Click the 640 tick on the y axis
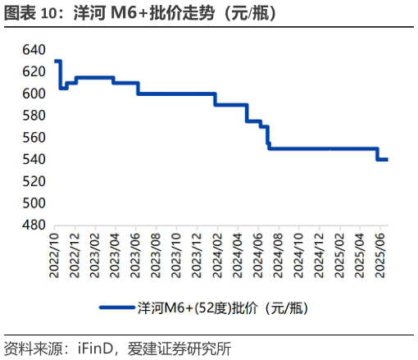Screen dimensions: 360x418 coord(34,50)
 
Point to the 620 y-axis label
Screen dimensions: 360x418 coord(34,72)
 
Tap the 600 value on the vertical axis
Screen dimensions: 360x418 coord(34,93)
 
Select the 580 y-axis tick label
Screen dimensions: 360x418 coord(34,116)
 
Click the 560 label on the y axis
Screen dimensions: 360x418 coord(34,137)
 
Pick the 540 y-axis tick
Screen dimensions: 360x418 coord(34,159)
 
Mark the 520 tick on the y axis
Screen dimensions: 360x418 coord(34,181)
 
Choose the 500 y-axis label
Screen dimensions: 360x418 coord(34,203)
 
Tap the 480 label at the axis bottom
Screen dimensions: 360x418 coord(34,225)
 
